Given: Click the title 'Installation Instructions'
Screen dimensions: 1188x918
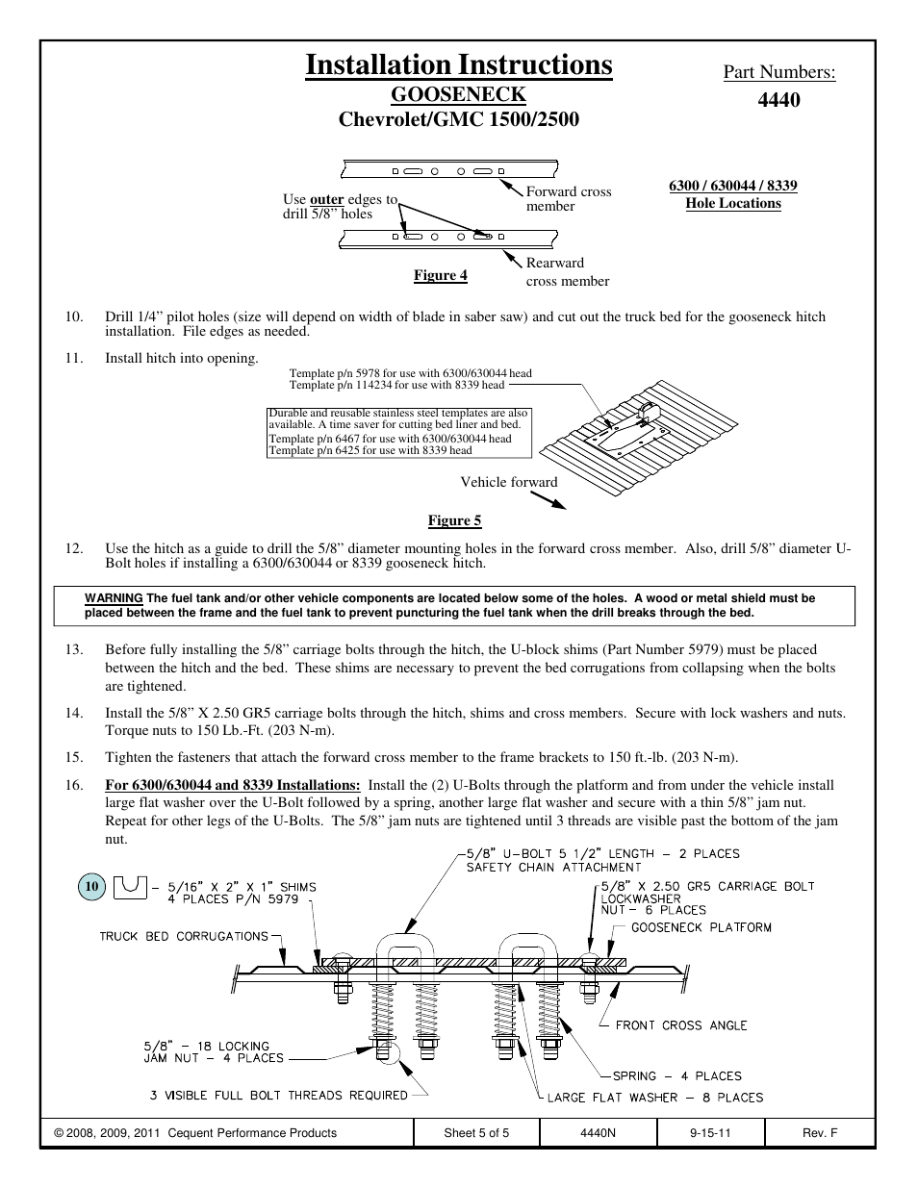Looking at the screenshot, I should (458, 64).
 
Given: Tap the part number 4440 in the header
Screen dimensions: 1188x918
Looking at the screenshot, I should (779, 99).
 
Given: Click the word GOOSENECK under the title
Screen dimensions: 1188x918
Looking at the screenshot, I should (458, 94).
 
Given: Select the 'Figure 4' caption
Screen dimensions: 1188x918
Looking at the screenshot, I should (440, 276).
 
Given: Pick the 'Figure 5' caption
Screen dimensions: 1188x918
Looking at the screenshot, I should (454, 520).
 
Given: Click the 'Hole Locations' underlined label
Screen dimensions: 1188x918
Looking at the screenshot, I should (732, 203).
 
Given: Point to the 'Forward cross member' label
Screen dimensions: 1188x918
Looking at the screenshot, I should (568, 199).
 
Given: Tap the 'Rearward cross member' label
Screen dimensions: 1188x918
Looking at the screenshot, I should (567, 271).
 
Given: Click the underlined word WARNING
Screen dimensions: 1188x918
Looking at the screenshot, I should (114, 598).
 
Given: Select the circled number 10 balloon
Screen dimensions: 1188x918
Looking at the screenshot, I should (92, 887).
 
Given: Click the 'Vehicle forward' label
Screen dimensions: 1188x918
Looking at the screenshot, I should (508, 482).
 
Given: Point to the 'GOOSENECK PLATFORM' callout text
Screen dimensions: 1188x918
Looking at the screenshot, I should (701, 927).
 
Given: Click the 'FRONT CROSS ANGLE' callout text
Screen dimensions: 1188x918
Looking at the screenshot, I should (680, 1025).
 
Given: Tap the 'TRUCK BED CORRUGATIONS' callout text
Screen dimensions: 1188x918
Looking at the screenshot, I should (183, 936).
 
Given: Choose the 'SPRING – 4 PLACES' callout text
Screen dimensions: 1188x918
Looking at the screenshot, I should (676, 1076).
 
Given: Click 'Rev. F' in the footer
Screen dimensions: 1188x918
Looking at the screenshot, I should (819, 1133).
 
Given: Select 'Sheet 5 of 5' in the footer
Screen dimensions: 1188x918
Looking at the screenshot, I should (476, 1133).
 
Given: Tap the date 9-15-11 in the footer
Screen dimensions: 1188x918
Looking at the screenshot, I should (710, 1133).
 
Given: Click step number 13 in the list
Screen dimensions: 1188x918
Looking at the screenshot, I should (74, 649).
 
